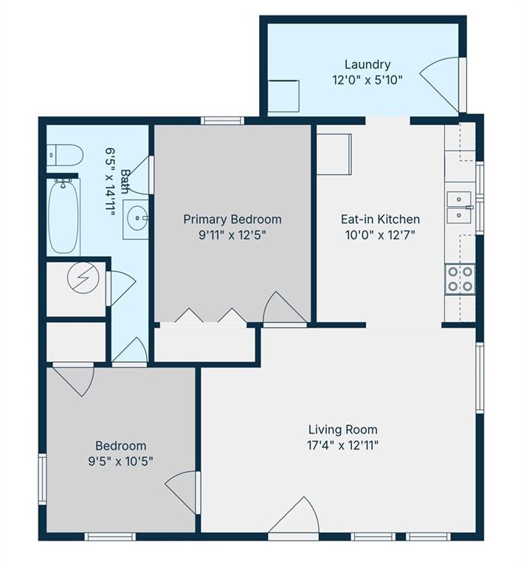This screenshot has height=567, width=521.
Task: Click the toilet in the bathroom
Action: click(65, 155)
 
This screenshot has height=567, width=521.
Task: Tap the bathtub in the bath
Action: click(64, 216)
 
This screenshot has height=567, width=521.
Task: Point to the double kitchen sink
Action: click(459, 207)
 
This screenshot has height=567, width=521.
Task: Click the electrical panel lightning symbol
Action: click(83, 278)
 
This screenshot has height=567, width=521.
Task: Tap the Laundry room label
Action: click(368, 65)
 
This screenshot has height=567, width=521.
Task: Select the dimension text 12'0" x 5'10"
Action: click(368, 80)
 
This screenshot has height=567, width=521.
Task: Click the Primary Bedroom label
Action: click(232, 219)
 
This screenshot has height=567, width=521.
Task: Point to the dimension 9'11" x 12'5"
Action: click(232, 235)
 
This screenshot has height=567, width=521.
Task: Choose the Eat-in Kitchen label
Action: click(380, 219)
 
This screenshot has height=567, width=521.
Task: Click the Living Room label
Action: click(342, 430)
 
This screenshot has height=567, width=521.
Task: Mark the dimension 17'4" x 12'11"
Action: click(342, 445)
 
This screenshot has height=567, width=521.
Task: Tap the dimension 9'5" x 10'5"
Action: click(121, 461)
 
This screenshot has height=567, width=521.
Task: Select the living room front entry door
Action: click(294, 516)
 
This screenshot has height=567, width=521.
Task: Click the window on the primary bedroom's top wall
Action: click(222, 120)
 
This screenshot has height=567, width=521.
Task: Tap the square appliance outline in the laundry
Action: click(283, 96)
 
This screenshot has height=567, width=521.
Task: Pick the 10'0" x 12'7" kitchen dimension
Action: click(380, 235)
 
